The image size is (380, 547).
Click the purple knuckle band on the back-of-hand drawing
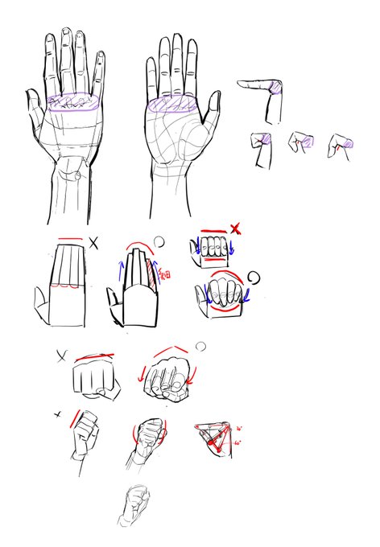click(x=72, y=103)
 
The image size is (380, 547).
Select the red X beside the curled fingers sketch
click(x=235, y=229)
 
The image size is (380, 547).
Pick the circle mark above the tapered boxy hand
click(x=159, y=239)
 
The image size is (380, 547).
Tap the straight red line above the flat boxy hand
click(x=69, y=238)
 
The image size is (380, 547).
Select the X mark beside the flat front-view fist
click(x=62, y=355)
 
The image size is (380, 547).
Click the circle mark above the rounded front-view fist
click(x=200, y=347)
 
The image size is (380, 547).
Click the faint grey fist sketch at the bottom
click(x=134, y=505)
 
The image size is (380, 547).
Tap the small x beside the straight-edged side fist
click(x=58, y=414)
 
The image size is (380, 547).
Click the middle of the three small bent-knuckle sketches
click(x=301, y=143)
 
